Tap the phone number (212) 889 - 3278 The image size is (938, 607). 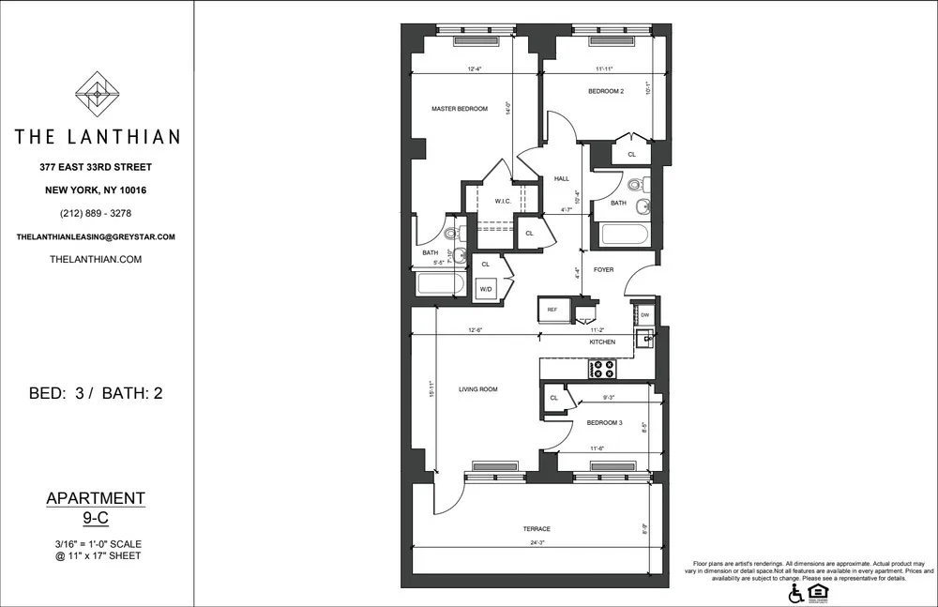click(x=97, y=213)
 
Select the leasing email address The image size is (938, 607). click(x=97, y=237)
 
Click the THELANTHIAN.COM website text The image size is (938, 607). click(x=97, y=259)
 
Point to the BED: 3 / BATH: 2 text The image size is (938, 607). click(x=97, y=393)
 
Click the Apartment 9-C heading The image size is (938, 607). click(x=97, y=508)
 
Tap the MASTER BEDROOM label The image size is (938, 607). click(x=460, y=109)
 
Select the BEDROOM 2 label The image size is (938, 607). click(x=606, y=91)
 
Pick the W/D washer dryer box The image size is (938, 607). click(x=486, y=290)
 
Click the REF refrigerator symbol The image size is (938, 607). click(x=552, y=308)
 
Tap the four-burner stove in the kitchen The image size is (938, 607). click(x=601, y=369)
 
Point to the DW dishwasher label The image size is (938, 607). click(x=644, y=315)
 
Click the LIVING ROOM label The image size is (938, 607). click(x=477, y=388)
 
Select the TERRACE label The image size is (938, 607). click(x=537, y=528)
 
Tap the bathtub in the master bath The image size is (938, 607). click(x=440, y=283)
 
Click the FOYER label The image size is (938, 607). click(x=604, y=269)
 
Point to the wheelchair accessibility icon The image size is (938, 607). click(x=795, y=593)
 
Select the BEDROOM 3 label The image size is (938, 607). click(x=605, y=422)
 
